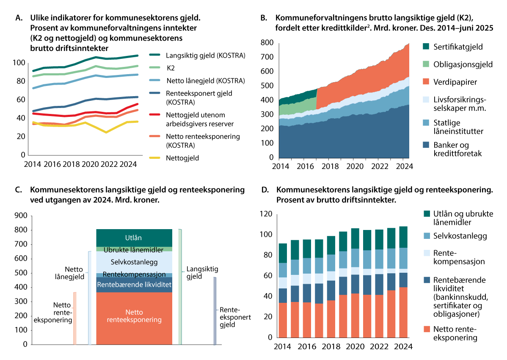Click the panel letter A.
tap(17, 18)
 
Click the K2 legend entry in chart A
tap(171, 67)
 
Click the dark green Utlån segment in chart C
tap(134, 238)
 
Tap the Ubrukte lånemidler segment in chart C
tap(134, 250)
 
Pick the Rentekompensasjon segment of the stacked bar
tap(134, 274)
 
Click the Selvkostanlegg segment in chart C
tap(134, 262)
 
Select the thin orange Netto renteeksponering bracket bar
tap(74, 318)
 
